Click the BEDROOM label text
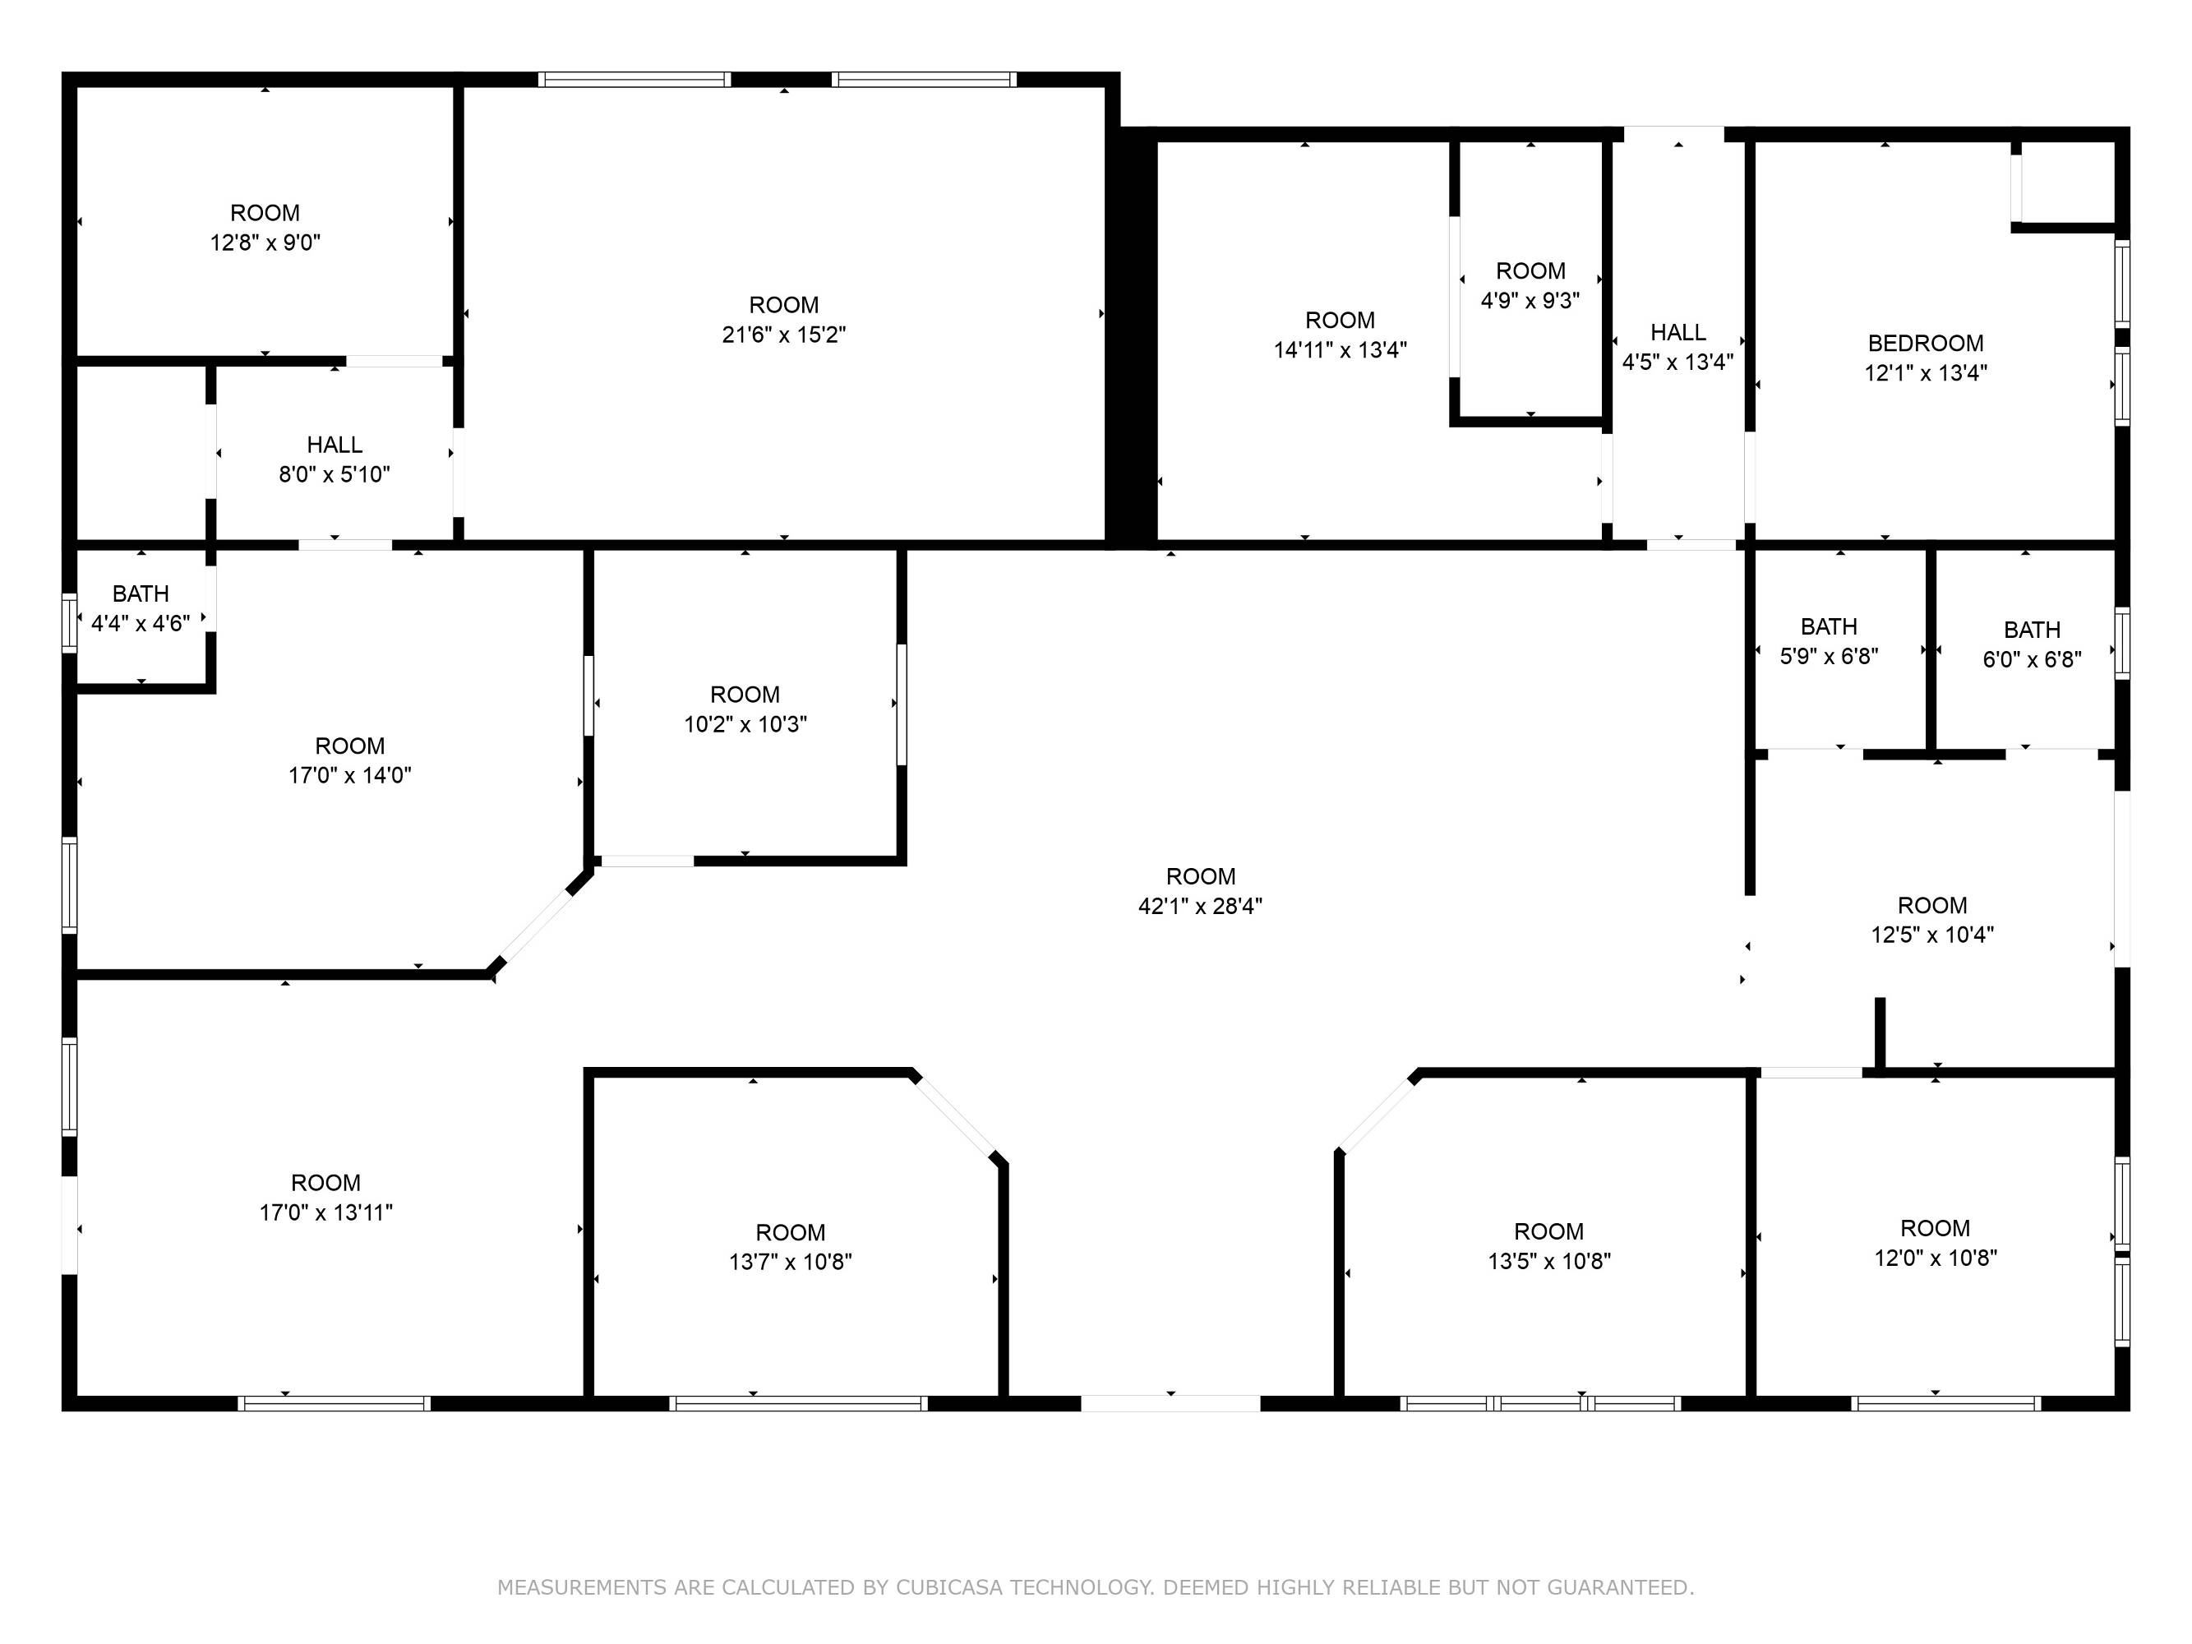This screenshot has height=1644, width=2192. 1926,344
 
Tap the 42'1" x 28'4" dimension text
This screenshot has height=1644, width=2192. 1200,906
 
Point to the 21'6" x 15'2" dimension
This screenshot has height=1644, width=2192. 784,334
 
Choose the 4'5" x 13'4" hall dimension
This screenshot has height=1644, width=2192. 1677,362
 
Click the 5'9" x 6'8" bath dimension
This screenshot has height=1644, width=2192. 1830,656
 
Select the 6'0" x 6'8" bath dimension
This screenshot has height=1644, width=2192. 2032,659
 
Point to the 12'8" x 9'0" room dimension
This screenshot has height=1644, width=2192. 265,242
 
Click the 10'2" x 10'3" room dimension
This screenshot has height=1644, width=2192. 745,724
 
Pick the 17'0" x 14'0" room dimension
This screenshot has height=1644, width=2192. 350,775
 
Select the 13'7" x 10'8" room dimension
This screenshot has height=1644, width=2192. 791,1262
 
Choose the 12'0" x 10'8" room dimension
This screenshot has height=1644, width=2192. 1936,1258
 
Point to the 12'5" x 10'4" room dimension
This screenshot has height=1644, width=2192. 1932,935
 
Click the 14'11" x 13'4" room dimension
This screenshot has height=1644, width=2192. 1340,350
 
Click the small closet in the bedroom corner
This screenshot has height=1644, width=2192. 2067,182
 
